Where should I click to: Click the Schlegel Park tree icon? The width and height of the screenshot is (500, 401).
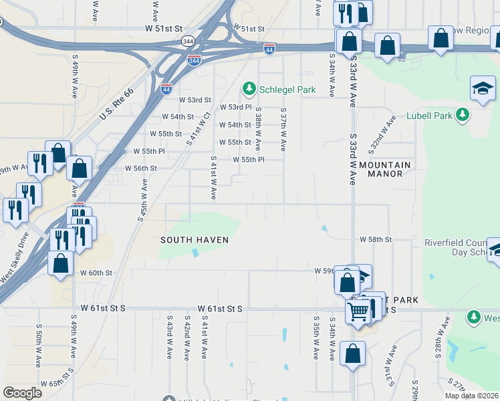click(x=249, y=88)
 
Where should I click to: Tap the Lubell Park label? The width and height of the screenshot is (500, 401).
click(x=429, y=115)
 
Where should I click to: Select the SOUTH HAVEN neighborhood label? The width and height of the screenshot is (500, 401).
click(x=194, y=239)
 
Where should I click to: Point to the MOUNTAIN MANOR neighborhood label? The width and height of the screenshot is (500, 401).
click(x=385, y=169)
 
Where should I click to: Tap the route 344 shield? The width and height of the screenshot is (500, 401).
click(x=189, y=41)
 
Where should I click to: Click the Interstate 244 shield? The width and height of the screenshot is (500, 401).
click(x=194, y=59)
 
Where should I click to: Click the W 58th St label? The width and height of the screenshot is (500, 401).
click(x=376, y=239)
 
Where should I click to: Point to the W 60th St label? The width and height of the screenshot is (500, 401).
click(x=96, y=273)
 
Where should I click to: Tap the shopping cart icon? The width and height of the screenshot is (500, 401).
click(x=358, y=311)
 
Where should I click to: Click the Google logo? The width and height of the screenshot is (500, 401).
click(x=22, y=393)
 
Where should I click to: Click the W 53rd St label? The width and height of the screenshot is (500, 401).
click(x=195, y=100)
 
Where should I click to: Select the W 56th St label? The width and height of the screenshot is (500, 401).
click(x=140, y=168)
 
